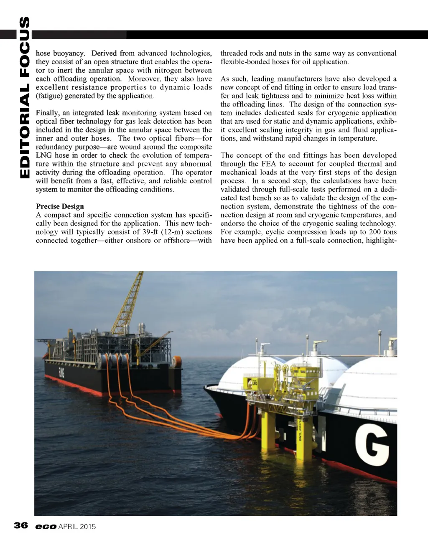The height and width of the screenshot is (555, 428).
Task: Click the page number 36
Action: tap(20, 525)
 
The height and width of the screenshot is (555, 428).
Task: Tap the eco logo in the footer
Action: tap(46, 527)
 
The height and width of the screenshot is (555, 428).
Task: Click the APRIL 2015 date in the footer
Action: tap(77, 527)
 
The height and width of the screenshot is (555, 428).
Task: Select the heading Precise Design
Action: tap(60, 206)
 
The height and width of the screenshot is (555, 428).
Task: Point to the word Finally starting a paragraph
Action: tap(47, 113)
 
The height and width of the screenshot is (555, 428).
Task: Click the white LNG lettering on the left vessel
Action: tap(62, 373)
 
